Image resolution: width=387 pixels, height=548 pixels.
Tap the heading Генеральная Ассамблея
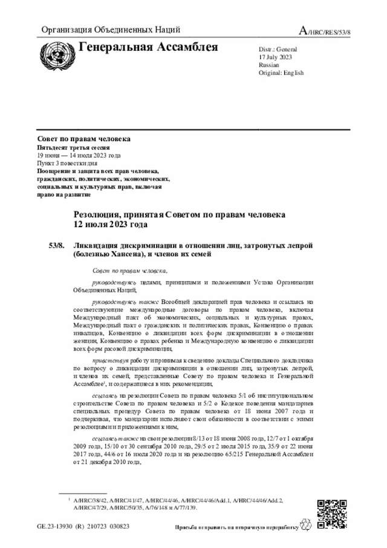coord(148,47)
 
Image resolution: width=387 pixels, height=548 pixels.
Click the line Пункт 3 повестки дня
coord(67,163)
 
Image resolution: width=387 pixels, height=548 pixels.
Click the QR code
coord(331,512)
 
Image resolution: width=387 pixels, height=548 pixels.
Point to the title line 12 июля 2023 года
coord(110,225)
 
